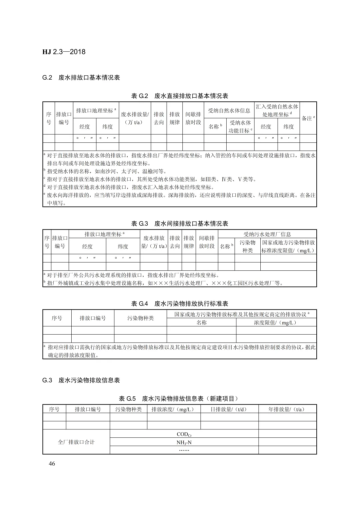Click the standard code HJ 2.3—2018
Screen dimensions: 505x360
(64, 52)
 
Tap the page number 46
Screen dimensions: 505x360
(52, 464)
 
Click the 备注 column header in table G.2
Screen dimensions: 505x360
(308, 118)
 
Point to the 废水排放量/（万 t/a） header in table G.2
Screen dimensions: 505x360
(135, 118)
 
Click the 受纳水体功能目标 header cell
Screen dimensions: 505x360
(240, 127)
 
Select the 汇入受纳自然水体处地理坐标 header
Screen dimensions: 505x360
(277, 110)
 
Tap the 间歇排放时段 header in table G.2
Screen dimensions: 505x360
(193, 118)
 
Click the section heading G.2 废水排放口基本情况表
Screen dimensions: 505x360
(81, 78)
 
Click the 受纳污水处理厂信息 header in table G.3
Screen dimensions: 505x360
(267, 234)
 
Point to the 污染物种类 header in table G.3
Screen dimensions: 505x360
(247, 246)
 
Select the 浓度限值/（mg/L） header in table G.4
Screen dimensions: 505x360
(276, 322)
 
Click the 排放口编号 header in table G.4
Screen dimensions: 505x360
(93, 318)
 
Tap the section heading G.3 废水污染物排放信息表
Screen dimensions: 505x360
(81, 380)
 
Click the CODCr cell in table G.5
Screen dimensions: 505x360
(184, 434)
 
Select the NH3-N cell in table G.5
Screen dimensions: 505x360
(184, 442)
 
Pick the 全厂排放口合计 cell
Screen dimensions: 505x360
(76, 442)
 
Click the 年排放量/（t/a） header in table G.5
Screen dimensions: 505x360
(287, 409)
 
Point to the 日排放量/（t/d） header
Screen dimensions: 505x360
(229, 409)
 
